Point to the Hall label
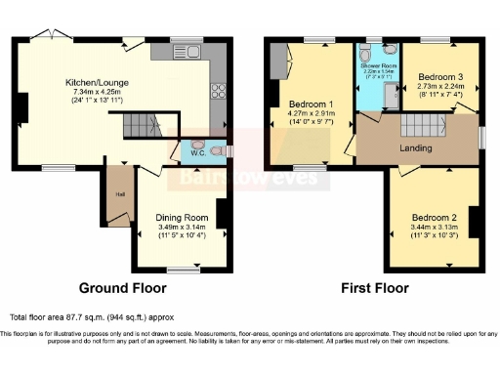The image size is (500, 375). (119, 192)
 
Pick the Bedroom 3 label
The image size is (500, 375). (439, 75)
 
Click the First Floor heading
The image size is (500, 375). (374, 289)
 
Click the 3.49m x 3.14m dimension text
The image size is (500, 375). (183, 228)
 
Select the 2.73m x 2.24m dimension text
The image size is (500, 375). (439, 85)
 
